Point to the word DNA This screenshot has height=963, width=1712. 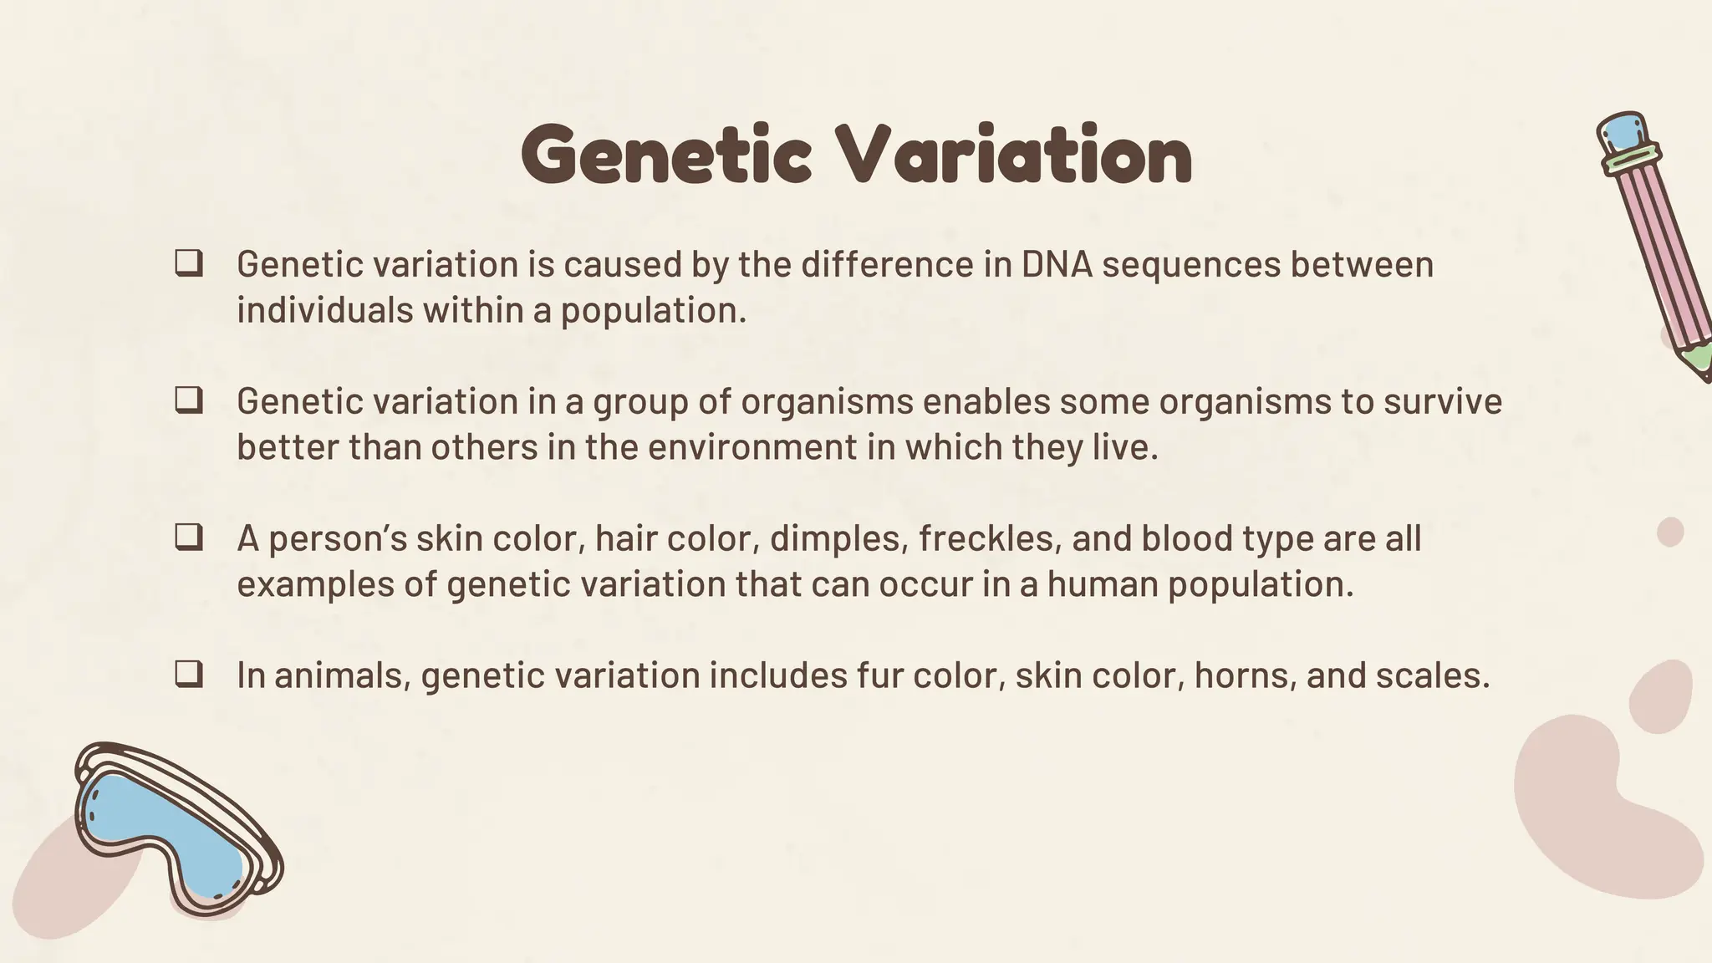tap(1057, 264)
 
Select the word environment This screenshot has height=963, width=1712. tap(752, 447)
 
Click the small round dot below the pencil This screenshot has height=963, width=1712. tap(1670, 532)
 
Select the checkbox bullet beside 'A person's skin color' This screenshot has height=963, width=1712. tap(189, 538)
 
